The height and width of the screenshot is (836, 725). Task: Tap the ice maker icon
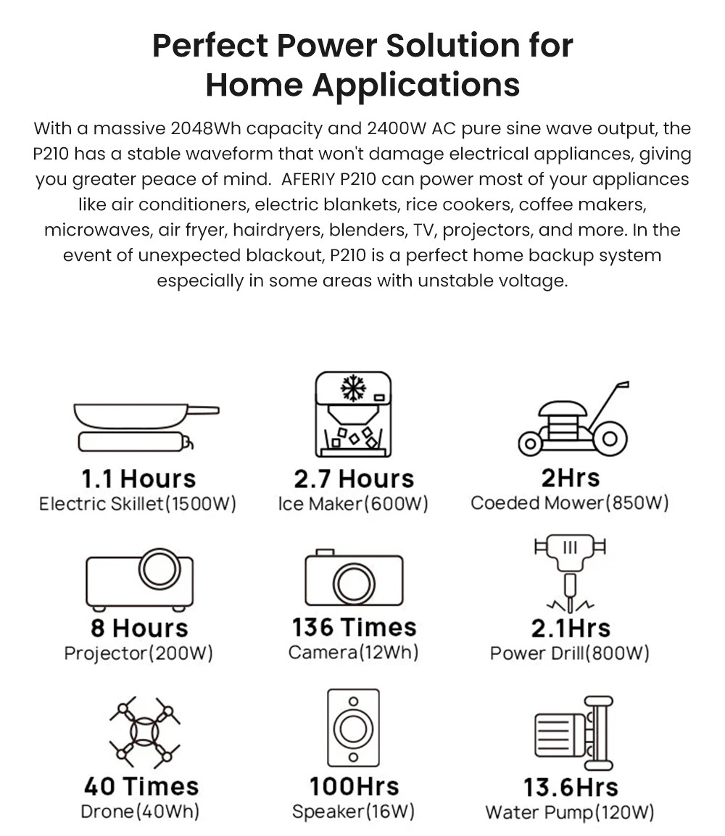(x=353, y=415)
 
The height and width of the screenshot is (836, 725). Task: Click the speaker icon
(x=353, y=727)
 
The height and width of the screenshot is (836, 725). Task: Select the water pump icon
(x=573, y=732)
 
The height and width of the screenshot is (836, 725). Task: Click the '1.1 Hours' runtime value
(x=138, y=479)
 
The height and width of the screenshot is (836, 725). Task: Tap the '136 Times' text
(x=354, y=627)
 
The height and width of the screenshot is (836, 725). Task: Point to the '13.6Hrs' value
(x=571, y=787)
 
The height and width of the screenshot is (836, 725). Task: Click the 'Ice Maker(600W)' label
(x=353, y=503)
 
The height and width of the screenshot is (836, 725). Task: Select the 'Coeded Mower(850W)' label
(x=570, y=502)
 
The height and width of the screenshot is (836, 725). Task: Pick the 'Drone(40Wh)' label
(x=140, y=811)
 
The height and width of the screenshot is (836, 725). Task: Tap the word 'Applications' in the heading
(x=416, y=84)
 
